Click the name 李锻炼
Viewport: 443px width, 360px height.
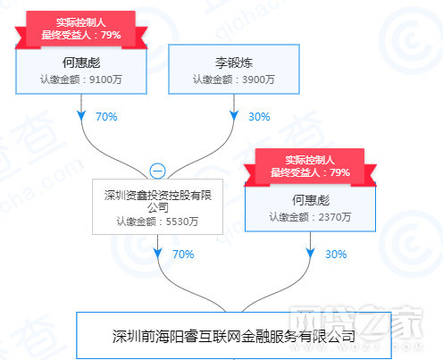234,63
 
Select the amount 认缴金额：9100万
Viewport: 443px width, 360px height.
81,80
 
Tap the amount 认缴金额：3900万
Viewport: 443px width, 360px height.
234,80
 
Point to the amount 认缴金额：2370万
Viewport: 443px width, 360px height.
310,217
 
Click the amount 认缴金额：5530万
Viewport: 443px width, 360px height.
157,222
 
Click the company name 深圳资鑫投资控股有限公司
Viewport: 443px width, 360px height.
158,201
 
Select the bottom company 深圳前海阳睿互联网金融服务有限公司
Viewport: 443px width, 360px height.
234,337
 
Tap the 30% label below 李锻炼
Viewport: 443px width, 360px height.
259,117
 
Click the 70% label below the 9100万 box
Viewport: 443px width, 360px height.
106,117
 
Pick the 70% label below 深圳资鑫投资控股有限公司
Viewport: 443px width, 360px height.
183,255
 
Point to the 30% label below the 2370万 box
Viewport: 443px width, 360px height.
336,255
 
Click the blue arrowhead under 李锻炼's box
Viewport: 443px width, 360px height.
234,115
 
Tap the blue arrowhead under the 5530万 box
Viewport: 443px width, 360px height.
157,253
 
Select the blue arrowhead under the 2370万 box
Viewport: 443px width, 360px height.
310,253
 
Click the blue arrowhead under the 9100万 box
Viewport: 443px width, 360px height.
81,115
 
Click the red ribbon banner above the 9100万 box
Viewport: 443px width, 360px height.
81,29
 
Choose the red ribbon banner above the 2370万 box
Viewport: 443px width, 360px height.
310,167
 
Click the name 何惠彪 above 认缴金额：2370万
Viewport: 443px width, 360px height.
310,200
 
